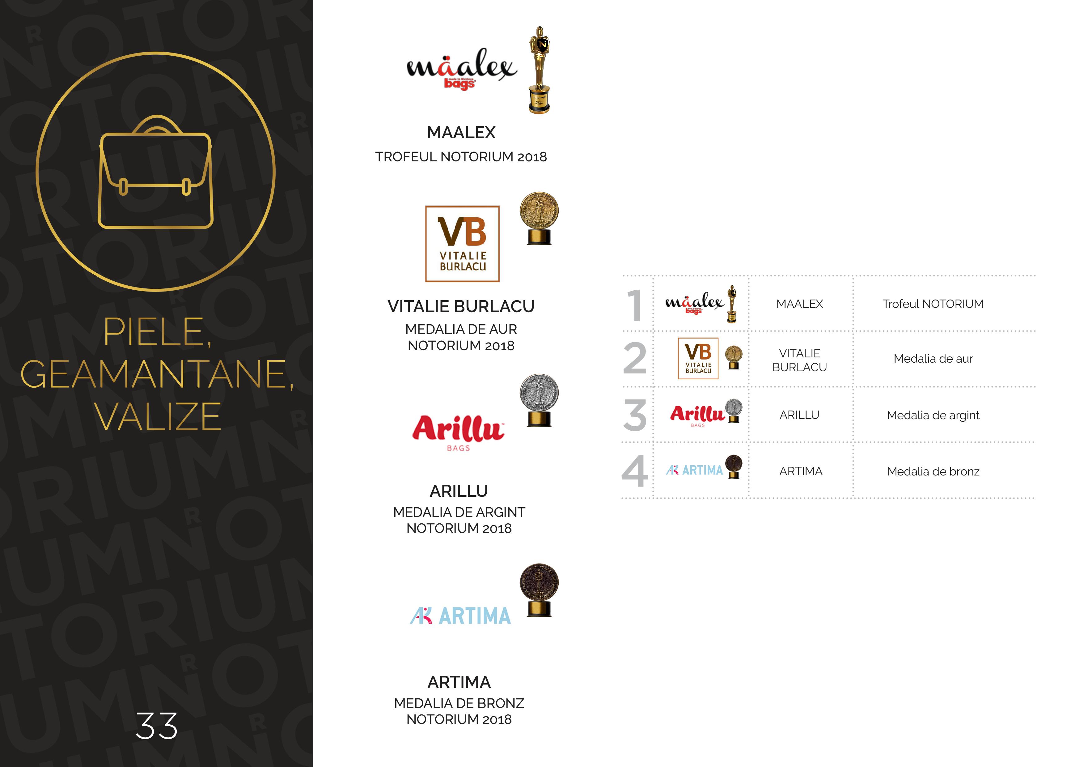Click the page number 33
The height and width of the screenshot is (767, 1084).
[x=157, y=726]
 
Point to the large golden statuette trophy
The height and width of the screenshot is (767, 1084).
[x=539, y=70]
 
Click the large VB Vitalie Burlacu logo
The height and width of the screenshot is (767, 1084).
[x=462, y=244]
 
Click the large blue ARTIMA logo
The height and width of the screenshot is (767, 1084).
[x=460, y=616]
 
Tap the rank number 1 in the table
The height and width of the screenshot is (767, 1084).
[x=634, y=305]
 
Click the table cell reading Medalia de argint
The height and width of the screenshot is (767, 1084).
[x=933, y=415]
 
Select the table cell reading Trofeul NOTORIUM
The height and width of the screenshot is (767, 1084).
[x=933, y=304]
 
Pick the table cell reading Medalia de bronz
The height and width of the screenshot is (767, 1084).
[x=933, y=471]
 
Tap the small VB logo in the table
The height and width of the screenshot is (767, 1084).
[x=698, y=359]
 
